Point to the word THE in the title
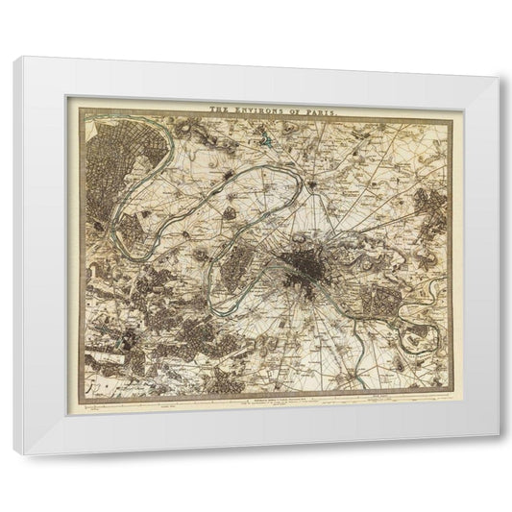coord(220,110)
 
